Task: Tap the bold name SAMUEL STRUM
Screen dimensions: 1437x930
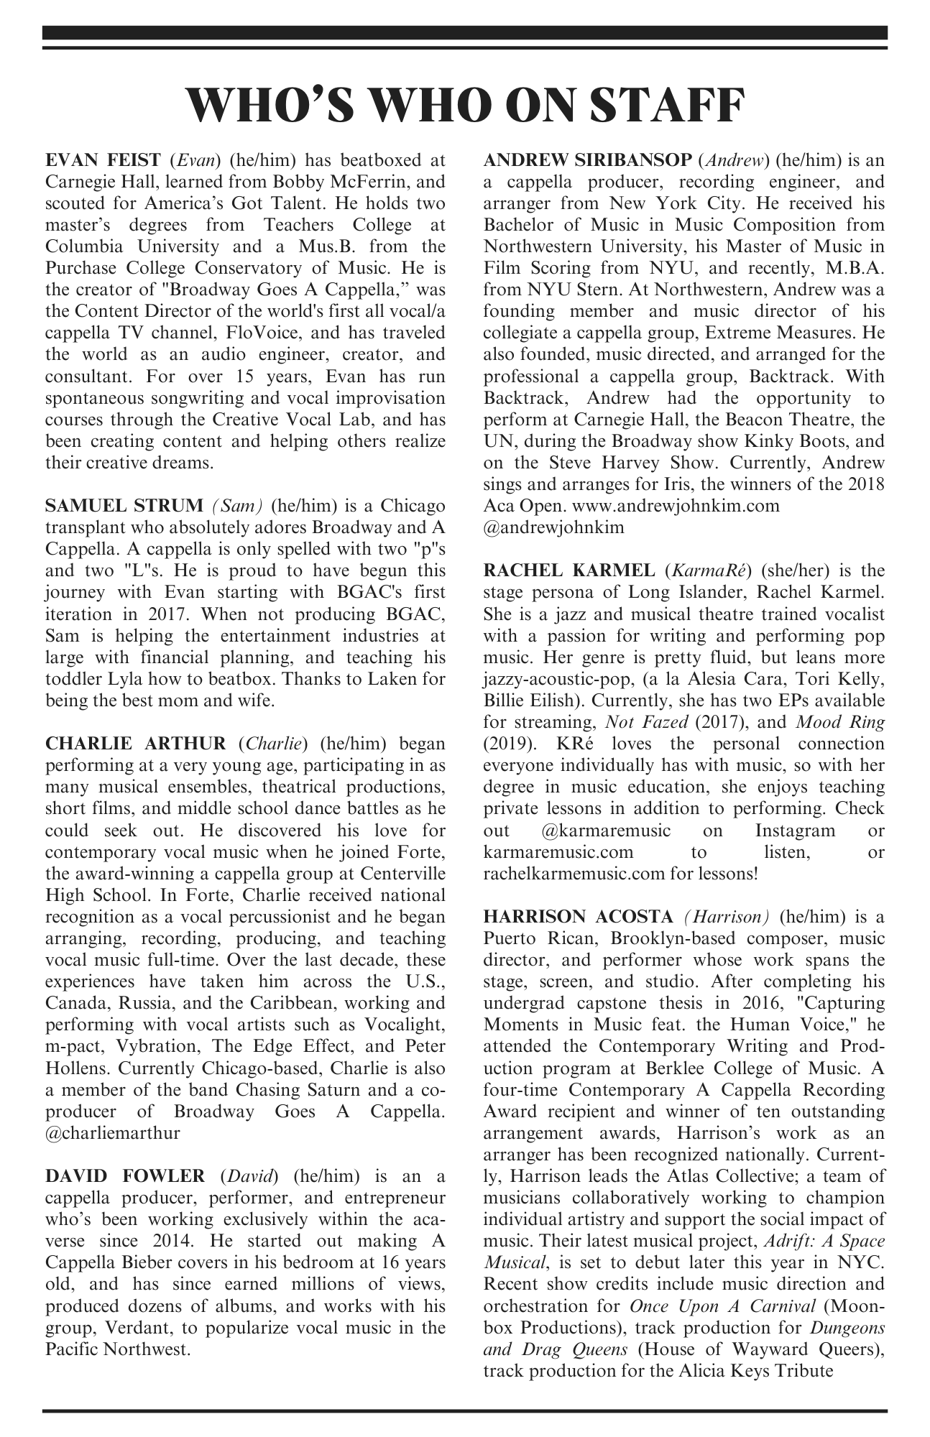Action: [x=124, y=505]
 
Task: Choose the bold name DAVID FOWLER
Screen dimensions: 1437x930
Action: [x=124, y=1175]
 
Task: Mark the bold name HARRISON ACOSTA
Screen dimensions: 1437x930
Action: [x=578, y=916]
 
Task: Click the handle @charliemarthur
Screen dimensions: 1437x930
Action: [x=112, y=1132]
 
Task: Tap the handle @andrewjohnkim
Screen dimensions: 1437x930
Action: [x=553, y=527]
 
